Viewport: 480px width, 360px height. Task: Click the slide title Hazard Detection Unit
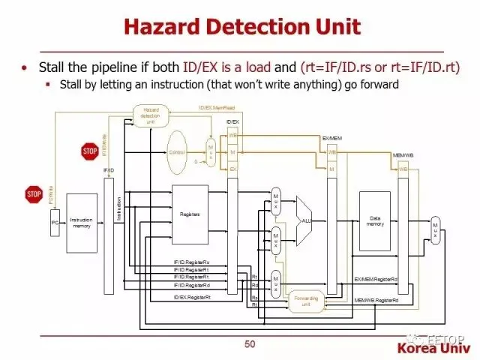[x=241, y=28]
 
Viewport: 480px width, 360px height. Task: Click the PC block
[x=55, y=223]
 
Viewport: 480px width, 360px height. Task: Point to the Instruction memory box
[x=82, y=223]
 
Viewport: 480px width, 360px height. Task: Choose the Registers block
[x=190, y=214]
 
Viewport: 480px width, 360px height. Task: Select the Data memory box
[x=375, y=220]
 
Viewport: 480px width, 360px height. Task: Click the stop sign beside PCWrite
[x=34, y=195]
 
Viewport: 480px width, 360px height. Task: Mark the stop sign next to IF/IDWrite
[x=90, y=151]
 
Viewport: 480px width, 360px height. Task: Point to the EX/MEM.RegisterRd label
[x=376, y=279]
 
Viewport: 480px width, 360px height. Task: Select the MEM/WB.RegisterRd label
[x=376, y=301]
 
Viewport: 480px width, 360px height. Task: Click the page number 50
[x=250, y=344]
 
